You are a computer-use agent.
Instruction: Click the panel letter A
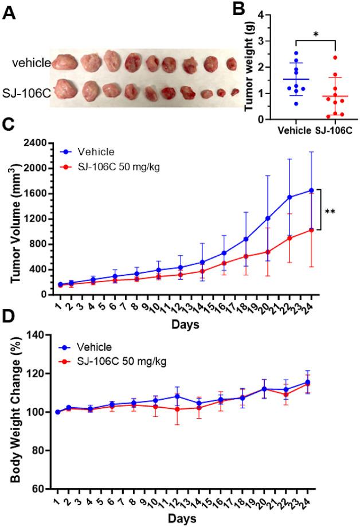(x=9, y=13)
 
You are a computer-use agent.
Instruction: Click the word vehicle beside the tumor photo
(x=32, y=63)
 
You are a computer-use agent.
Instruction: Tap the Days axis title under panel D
(x=184, y=519)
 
